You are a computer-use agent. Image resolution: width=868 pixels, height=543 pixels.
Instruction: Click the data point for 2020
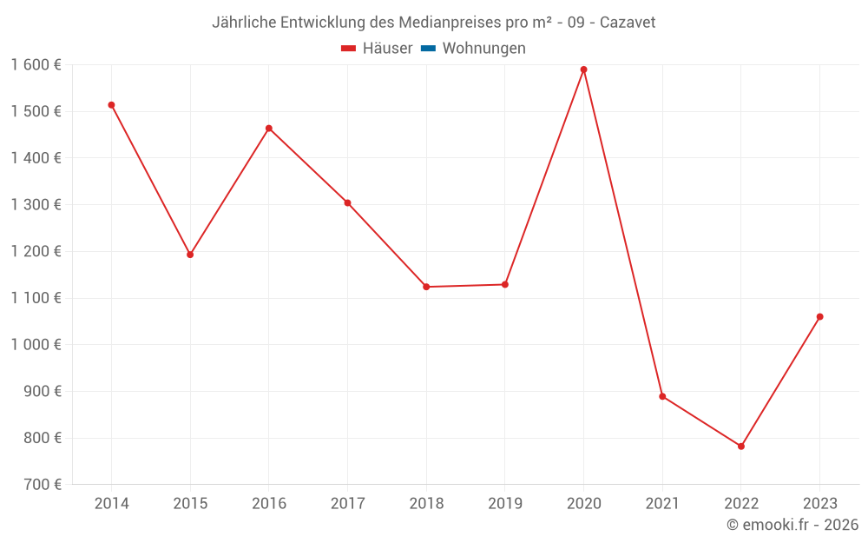(583, 70)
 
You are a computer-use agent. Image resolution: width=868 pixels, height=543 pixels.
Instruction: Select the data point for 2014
(111, 105)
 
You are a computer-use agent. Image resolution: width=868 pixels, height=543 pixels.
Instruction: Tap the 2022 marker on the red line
(741, 447)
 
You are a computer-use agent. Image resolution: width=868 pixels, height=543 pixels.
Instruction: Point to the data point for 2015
(190, 255)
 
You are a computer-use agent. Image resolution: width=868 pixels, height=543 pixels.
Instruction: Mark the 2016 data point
(269, 129)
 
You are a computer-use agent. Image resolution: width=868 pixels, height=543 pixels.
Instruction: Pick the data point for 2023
(819, 316)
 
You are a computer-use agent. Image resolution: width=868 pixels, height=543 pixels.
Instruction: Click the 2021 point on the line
(662, 396)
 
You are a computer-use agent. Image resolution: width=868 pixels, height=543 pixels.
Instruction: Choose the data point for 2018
(426, 287)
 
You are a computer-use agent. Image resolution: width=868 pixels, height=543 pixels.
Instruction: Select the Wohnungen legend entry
(483, 49)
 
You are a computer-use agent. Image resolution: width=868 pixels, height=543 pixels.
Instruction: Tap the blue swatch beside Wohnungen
(428, 49)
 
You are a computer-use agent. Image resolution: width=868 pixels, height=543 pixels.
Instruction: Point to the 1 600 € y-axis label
(36, 65)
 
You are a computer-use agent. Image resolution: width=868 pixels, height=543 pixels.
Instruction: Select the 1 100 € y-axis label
(36, 298)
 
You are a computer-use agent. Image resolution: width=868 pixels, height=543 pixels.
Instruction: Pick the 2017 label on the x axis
(347, 504)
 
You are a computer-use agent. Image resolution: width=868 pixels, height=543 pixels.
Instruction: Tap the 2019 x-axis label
(504, 504)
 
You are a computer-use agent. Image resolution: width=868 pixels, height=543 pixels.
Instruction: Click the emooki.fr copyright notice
(792, 525)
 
